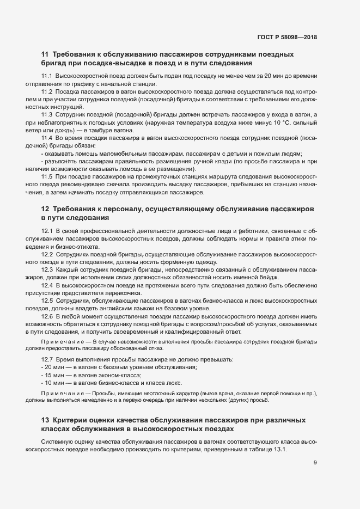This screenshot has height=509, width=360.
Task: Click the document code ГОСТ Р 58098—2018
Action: [286, 38]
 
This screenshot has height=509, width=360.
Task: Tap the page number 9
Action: [315, 463]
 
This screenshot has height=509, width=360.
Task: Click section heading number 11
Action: [45, 54]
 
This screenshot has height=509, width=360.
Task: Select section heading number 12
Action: [45, 210]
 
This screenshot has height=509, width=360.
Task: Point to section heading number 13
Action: [45, 420]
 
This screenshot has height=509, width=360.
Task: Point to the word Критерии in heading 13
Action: [75, 420]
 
